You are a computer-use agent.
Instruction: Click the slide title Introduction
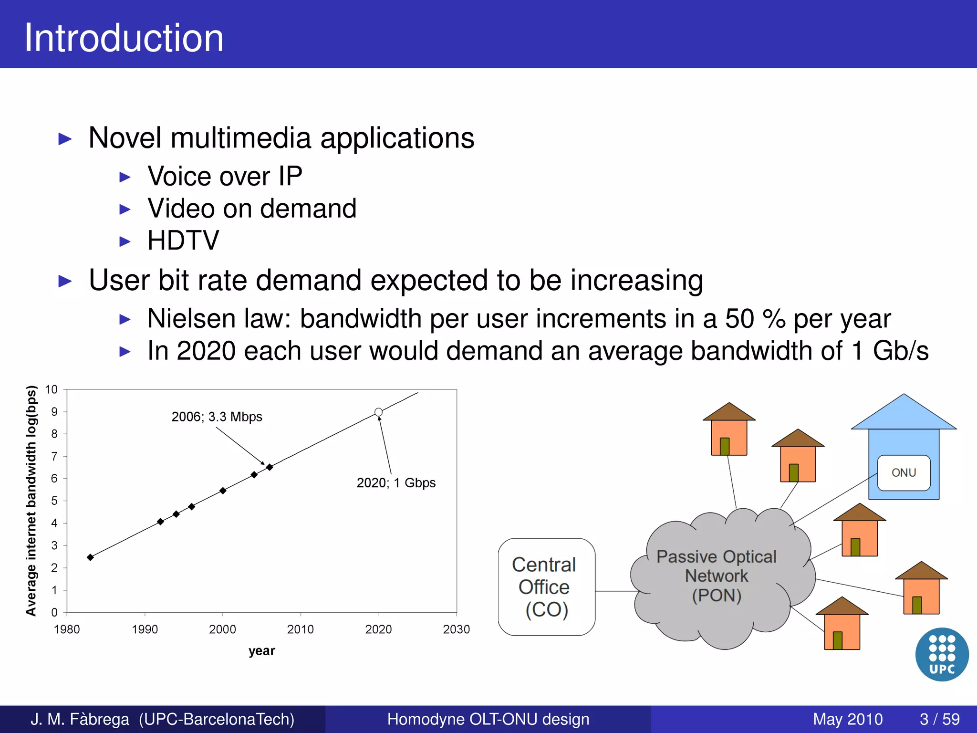(x=124, y=38)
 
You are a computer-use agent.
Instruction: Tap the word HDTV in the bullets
(x=183, y=240)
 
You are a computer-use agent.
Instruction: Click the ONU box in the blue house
(x=904, y=472)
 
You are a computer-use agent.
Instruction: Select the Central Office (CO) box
(x=546, y=587)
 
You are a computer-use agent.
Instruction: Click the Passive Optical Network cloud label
(x=717, y=576)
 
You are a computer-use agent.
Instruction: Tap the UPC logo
(x=942, y=654)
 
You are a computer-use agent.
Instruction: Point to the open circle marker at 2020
(x=378, y=412)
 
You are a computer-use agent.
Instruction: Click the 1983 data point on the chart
(x=90, y=557)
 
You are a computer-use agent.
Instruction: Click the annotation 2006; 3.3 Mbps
(x=217, y=417)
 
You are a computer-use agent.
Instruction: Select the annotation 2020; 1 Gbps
(x=396, y=483)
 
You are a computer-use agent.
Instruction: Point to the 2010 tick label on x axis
(x=300, y=629)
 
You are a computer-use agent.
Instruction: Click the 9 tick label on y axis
(x=54, y=412)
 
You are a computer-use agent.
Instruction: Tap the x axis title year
(x=261, y=651)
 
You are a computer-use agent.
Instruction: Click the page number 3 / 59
(x=939, y=719)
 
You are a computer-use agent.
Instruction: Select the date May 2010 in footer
(x=847, y=719)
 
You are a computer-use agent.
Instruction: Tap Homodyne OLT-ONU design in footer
(x=488, y=719)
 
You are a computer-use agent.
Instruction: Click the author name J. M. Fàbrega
(x=80, y=719)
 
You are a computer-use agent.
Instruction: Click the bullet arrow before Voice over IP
(x=125, y=178)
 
